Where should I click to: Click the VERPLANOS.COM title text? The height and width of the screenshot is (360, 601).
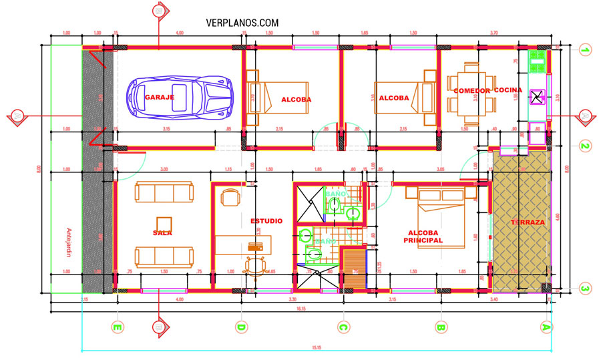[x=242, y=23]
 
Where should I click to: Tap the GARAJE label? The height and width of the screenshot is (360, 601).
[x=160, y=98]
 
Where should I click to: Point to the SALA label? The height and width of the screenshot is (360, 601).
[x=163, y=232]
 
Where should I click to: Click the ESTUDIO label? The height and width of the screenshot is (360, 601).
[x=267, y=220]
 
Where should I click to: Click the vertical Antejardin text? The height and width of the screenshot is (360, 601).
[x=67, y=244]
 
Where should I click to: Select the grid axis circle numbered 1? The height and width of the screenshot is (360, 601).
[x=585, y=49]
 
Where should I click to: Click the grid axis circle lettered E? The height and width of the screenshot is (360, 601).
[x=118, y=327]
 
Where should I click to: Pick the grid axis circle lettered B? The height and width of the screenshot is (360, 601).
[x=440, y=327]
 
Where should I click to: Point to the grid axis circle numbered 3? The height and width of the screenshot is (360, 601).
[x=585, y=289]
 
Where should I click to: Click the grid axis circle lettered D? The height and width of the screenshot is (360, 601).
[x=241, y=327]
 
